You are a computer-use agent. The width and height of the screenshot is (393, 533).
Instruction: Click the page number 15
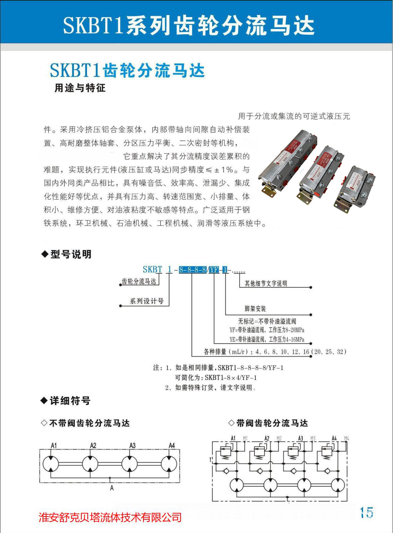pos(367,513)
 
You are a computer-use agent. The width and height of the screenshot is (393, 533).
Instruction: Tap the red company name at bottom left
pos(110,517)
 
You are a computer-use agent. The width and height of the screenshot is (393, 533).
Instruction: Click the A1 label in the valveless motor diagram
pos(54,446)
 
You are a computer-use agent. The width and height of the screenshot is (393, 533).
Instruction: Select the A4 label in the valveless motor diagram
pos(172,446)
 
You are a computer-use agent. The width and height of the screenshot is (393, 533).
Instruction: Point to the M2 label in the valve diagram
pos(279,438)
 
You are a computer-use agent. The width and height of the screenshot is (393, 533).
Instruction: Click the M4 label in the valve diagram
pos(346,438)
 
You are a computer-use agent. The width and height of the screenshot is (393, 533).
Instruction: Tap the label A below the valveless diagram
pos(112,488)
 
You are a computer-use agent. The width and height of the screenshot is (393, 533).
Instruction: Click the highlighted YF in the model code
pos(214,270)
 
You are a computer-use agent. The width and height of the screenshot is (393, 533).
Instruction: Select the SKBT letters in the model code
pos(152,269)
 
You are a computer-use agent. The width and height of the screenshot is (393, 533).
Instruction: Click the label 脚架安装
pos(255,309)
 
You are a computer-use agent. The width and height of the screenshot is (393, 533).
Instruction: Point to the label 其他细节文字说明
pos(266,284)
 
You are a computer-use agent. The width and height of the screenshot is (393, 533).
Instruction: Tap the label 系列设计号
pos(147,301)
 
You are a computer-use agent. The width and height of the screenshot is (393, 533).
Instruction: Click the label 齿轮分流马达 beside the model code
pos(139,281)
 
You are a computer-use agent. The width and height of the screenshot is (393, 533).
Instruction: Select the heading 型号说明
pos(71,254)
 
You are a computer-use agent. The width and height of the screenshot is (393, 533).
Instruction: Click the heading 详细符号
pos(70,401)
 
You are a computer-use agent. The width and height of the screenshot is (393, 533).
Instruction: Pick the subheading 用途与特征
pos(80,88)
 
